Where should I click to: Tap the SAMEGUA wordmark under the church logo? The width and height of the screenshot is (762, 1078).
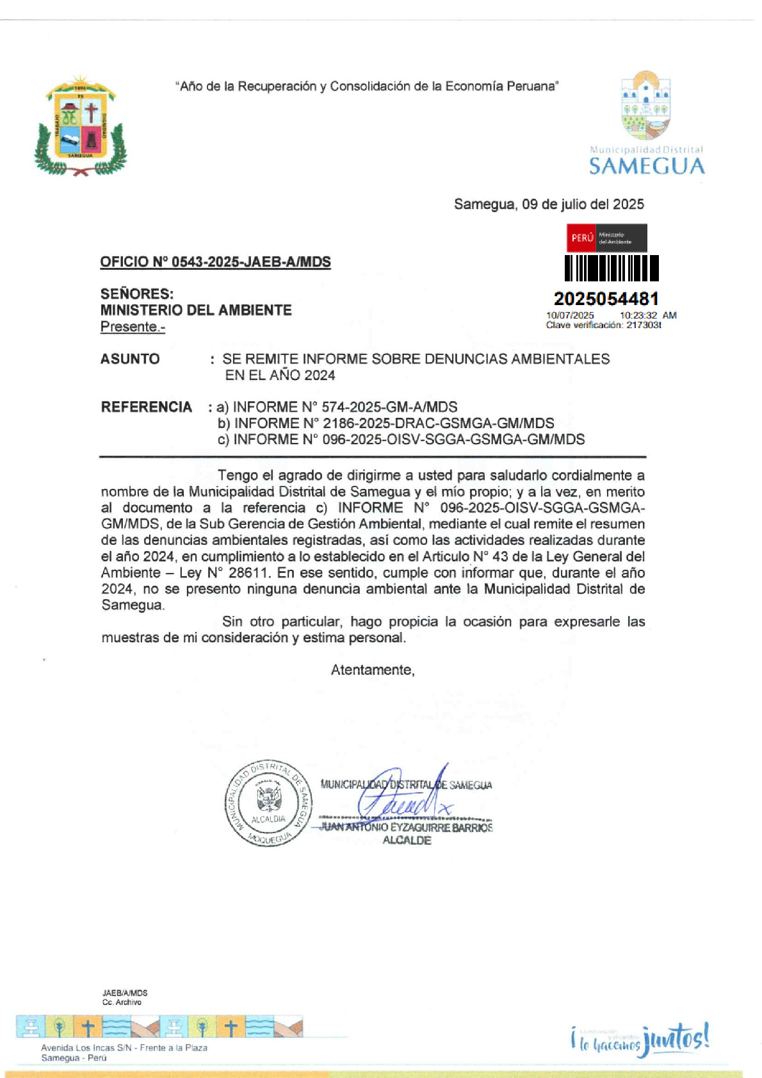coord(646,167)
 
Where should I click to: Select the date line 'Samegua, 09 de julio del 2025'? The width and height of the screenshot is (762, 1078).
coord(549,204)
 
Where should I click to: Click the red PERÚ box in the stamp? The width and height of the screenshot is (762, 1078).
coord(581,238)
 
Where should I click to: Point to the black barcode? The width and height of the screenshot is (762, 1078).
coord(611,268)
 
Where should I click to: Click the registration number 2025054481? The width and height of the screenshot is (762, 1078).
coord(606,299)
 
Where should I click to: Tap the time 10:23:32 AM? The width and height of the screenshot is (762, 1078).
coord(647,315)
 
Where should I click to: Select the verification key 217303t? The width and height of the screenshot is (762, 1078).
coord(644,325)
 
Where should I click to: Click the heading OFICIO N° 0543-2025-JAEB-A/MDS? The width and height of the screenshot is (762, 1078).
coord(215,262)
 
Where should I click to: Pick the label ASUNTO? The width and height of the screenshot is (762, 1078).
coord(130,359)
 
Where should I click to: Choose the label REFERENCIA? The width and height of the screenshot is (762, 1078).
coord(147,407)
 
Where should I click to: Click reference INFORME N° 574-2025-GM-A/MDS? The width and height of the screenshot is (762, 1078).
coord(345,407)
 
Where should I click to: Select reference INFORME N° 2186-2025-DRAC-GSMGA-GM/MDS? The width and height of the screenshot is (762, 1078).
coord(394,423)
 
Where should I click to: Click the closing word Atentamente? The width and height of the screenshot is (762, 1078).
coord(372,670)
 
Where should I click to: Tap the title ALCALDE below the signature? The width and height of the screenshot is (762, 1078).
coord(407,840)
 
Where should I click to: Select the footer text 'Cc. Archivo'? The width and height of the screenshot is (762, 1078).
coord(122,1002)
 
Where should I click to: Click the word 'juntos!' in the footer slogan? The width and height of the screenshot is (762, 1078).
coord(676,1038)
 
